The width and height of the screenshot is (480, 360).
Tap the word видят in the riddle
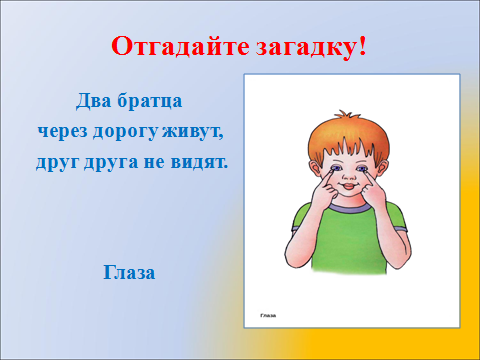[200, 161]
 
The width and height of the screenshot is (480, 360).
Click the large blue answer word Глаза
[128, 272]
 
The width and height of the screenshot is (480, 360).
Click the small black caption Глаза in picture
[267, 316]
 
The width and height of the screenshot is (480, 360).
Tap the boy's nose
[347, 177]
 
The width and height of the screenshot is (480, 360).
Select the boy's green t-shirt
[347, 245]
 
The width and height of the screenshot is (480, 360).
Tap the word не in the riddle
[159, 161]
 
